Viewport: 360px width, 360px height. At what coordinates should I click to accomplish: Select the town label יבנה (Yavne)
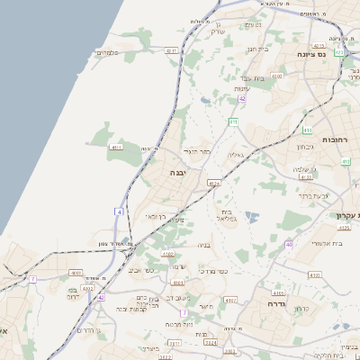pyautogui.click(x=176, y=172)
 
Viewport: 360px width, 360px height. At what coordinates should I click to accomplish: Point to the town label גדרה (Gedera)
pyautogui.click(x=270, y=304)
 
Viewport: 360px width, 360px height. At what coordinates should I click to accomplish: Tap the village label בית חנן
pyautogui.click(x=256, y=49)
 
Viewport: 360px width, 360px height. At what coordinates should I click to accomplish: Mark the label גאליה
pyautogui.click(x=237, y=154)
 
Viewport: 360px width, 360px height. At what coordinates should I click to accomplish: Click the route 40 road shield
pyautogui.click(x=289, y=244)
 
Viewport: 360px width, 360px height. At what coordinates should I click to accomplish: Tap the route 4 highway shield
pyautogui.click(x=118, y=211)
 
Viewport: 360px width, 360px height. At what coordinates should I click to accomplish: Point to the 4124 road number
pyautogui.click(x=212, y=183)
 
